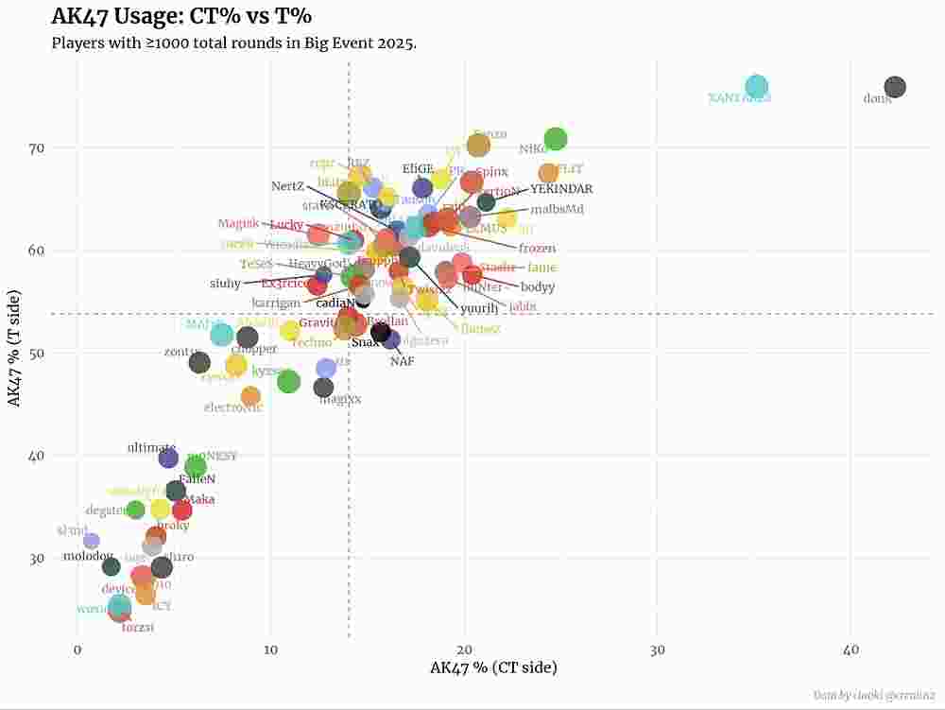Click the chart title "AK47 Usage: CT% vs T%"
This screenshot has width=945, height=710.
click(181, 16)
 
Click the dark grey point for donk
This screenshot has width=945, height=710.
click(894, 87)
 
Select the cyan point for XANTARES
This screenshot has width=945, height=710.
click(757, 87)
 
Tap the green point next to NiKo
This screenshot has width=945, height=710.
click(556, 139)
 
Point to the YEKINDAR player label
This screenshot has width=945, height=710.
click(561, 189)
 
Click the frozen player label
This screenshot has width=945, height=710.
click(537, 249)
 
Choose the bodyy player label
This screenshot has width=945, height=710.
click(538, 287)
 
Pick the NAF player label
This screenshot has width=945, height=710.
click(403, 361)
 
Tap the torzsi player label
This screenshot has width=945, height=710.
click(138, 628)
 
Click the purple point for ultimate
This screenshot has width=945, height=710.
click(168, 459)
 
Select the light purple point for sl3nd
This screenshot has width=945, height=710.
click(91, 541)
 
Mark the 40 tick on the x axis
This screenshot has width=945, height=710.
click(850, 651)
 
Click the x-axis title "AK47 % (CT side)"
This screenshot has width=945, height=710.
click(493, 668)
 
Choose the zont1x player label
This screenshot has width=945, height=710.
click(181, 352)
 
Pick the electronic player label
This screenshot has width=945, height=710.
click(233, 408)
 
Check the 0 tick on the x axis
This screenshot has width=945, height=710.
click(77, 651)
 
